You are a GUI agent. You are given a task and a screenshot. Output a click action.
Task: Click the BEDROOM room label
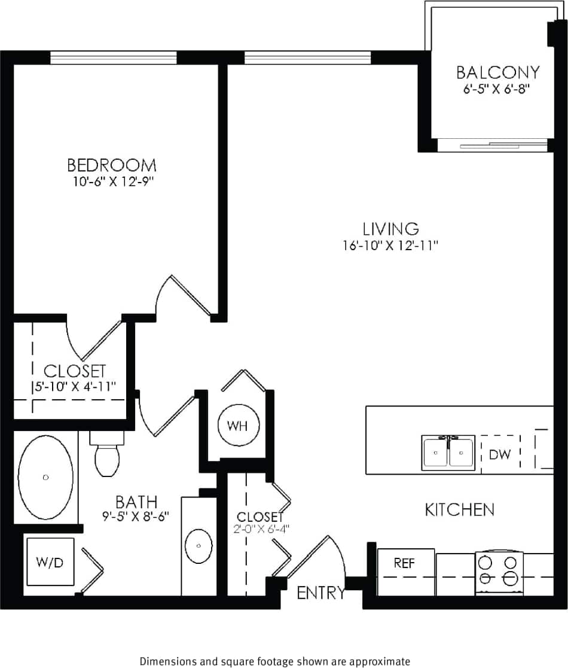[112, 165]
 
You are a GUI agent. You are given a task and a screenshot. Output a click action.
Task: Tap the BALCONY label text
[497, 72]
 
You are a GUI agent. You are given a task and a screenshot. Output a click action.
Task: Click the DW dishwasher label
[500, 454]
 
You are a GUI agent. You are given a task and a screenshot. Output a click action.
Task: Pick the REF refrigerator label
[404, 563]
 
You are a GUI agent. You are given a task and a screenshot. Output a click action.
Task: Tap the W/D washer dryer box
[50, 562]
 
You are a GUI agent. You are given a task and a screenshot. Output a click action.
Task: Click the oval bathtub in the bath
[46, 477]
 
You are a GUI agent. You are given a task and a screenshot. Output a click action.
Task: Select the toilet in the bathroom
[107, 458]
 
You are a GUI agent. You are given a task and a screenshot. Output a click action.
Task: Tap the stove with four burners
[499, 571]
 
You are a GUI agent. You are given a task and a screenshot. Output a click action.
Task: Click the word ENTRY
[321, 593]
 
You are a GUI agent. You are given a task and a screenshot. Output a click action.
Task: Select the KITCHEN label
[459, 510]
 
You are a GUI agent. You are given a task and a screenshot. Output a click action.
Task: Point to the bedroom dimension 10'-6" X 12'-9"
[112, 181]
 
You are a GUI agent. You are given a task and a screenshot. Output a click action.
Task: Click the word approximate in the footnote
[380, 661]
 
